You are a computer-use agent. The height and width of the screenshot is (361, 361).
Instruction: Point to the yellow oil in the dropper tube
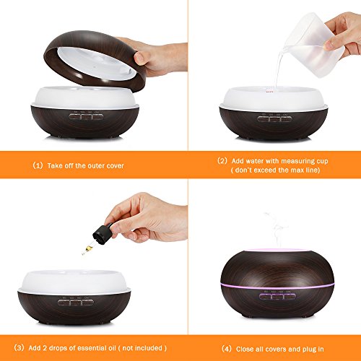click(x=90, y=247)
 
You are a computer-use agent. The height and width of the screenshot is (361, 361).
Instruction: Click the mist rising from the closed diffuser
click(x=276, y=230)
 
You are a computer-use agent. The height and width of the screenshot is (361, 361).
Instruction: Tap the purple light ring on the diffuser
click(x=277, y=285)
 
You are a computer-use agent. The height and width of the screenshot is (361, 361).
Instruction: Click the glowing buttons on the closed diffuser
click(x=277, y=297)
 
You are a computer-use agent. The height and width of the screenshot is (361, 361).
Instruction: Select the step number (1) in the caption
click(x=38, y=165)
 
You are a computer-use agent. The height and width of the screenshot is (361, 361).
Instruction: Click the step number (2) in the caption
click(x=222, y=161)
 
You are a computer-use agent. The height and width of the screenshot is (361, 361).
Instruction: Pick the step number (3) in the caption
click(x=19, y=348)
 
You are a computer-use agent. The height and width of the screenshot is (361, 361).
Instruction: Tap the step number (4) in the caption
click(x=227, y=349)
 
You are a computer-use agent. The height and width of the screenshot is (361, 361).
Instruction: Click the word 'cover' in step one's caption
click(x=115, y=166)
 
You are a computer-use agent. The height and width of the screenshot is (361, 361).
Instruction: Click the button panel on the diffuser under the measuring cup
click(x=274, y=118)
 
